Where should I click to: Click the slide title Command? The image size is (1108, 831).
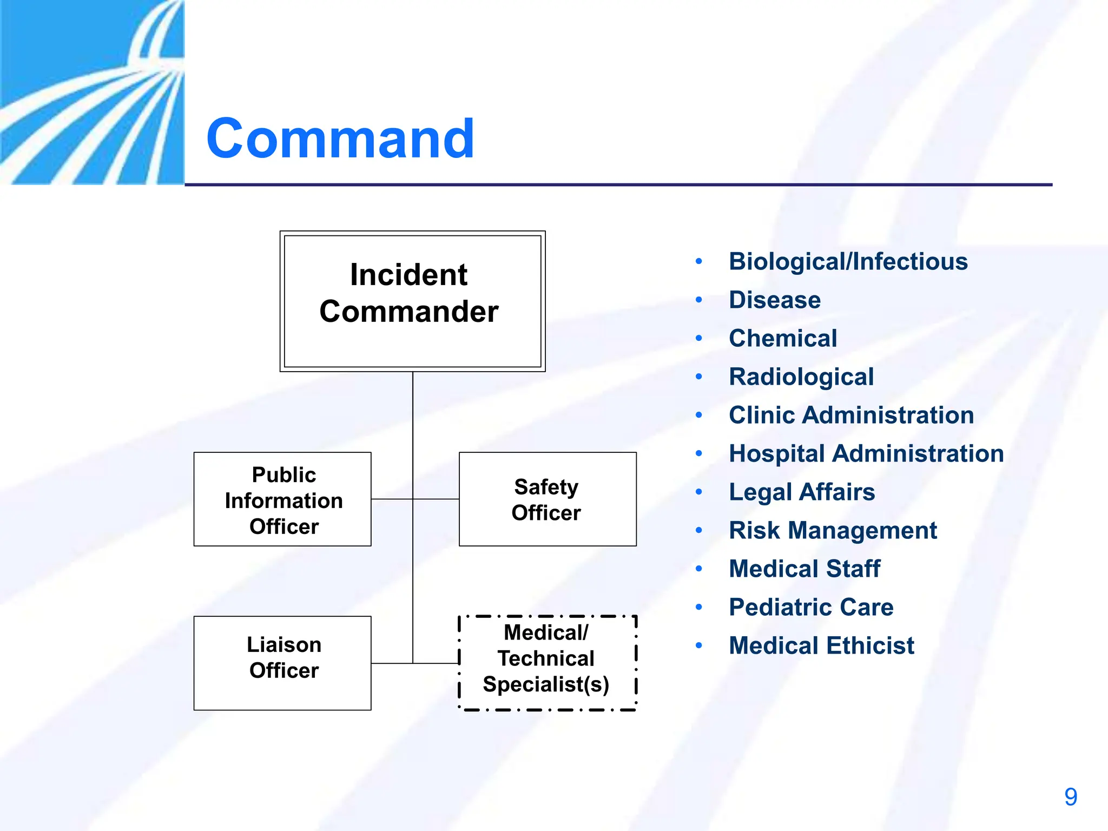pyautogui.click(x=340, y=139)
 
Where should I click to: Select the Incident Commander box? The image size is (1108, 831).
pyautogui.click(x=412, y=301)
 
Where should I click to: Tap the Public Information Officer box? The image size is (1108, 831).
pyautogui.click(x=282, y=499)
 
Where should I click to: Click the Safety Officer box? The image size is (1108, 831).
pyautogui.click(x=548, y=499)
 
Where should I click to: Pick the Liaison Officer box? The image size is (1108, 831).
pyautogui.click(x=282, y=663)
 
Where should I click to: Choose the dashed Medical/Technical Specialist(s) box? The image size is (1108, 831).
pyautogui.click(x=548, y=663)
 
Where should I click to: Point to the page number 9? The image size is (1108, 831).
pyautogui.click(x=1070, y=797)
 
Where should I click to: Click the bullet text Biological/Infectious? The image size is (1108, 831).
pyautogui.click(x=848, y=262)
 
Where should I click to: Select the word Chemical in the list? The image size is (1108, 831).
pyautogui.click(x=782, y=339)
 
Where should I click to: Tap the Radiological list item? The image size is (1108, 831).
pyautogui.click(x=801, y=377)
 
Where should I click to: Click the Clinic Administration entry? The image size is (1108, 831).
pyautogui.click(x=851, y=415)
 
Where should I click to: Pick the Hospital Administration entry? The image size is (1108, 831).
pyautogui.click(x=866, y=454)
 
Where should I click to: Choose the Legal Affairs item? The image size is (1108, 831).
pyautogui.click(x=801, y=492)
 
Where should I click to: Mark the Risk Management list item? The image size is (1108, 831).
pyautogui.click(x=833, y=531)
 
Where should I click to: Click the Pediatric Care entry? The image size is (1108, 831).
pyautogui.click(x=810, y=608)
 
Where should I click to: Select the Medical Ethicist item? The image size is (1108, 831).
pyautogui.click(x=821, y=646)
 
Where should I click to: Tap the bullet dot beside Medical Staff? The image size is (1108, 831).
pyautogui.click(x=699, y=569)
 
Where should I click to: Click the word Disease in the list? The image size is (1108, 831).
pyautogui.click(x=774, y=300)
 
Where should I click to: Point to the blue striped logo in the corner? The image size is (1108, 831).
pyautogui.click(x=92, y=92)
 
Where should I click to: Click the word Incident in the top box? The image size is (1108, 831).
pyautogui.click(x=408, y=275)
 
